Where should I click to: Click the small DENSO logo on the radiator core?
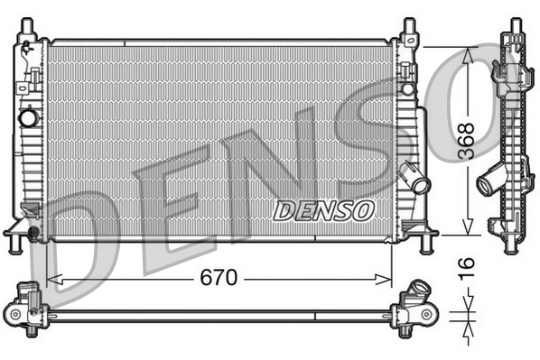point(322,210)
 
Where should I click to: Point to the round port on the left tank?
point(28,118)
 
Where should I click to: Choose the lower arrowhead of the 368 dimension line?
point(468,228)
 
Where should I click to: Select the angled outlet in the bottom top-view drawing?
point(419,293)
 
